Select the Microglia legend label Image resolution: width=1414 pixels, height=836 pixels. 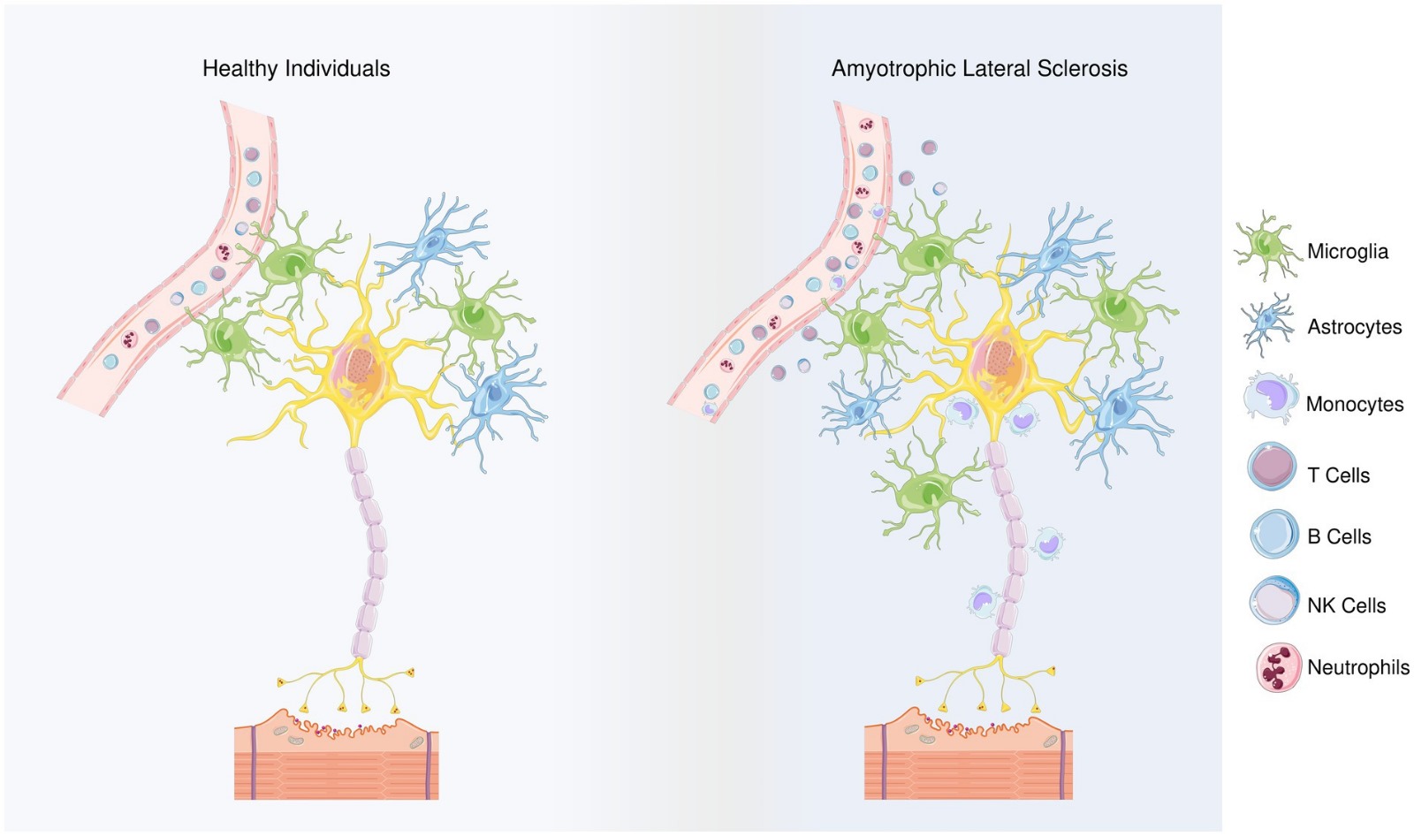tap(1347, 251)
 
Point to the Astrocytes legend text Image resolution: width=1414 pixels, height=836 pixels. tap(1354, 327)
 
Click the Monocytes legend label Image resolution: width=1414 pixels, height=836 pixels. tap(1354, 404)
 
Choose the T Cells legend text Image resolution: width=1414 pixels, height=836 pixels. tap(1338, 475)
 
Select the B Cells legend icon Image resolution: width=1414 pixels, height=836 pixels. tap(1273, 534)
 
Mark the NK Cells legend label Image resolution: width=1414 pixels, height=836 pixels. tap(1346, 605)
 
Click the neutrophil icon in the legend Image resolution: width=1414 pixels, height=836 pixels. tap(1278, 667)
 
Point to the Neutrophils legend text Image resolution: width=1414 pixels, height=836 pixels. tap(1357, 667)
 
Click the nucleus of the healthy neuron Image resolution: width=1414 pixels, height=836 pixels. tap(360, 364)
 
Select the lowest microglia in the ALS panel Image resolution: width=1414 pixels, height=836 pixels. tap(930, 489)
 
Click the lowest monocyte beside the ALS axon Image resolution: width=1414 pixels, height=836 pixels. tap(984, 601)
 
